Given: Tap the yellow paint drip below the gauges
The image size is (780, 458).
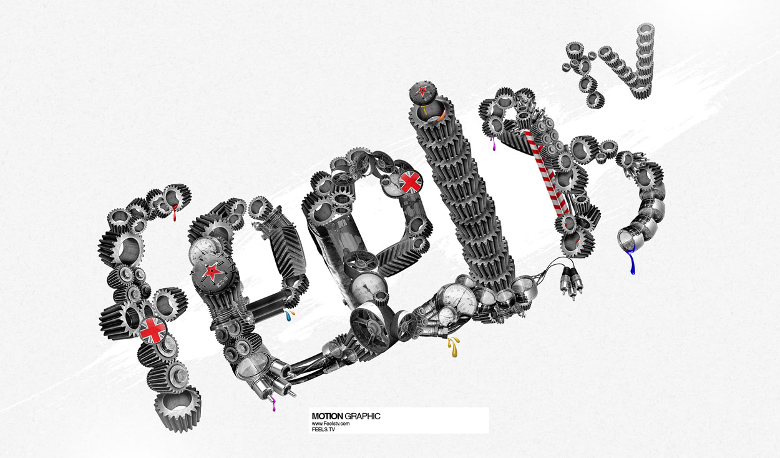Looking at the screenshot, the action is click(x=454, y=346).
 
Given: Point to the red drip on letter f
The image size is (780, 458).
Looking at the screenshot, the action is click(x=175, y=212).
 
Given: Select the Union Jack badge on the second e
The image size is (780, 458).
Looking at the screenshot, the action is click(x=410, y=182).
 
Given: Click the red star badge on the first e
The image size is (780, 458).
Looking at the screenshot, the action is click(x=212, y=272).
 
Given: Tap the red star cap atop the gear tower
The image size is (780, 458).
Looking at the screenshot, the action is click(x=422, y=92).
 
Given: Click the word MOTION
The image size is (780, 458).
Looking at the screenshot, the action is click(x=328, y=416).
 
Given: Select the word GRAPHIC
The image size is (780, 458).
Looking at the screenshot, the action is click(x=362, y=416).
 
